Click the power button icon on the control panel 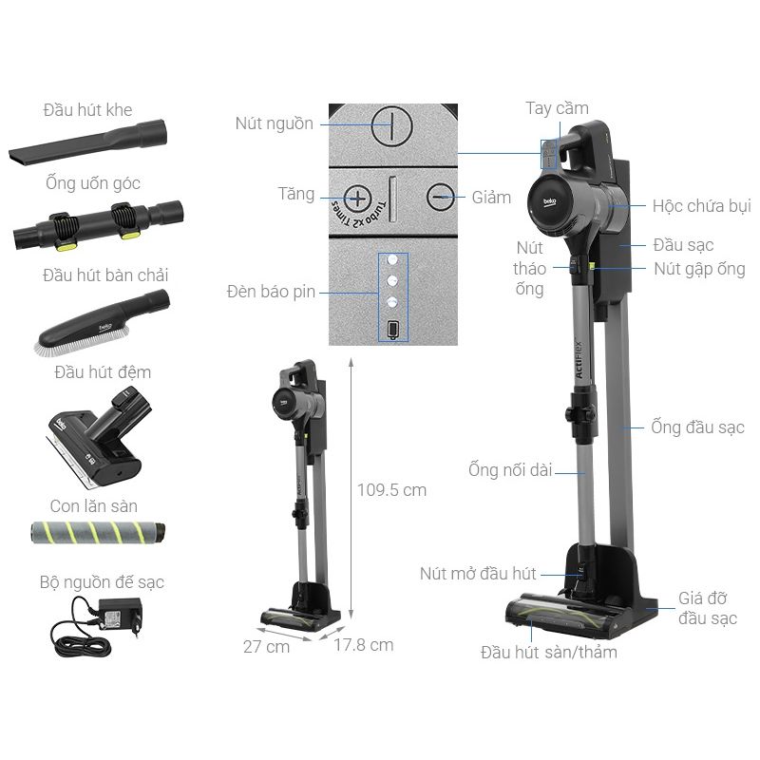pos(391,126)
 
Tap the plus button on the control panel pos(357,199)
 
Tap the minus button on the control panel pos(441,198)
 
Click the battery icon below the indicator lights pos(392,330)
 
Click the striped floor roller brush pos(98,532)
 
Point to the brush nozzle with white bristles pos(103,322)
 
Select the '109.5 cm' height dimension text pos(391,490)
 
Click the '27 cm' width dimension pos(266,646)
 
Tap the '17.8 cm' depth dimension pos(364,645)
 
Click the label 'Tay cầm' pos(557,108)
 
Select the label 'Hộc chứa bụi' pos(701,206)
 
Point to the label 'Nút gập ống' pos(699,269)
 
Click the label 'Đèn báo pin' pos(271,292)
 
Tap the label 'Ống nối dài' pos(510,469)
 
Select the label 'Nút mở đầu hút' pos(478,574)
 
